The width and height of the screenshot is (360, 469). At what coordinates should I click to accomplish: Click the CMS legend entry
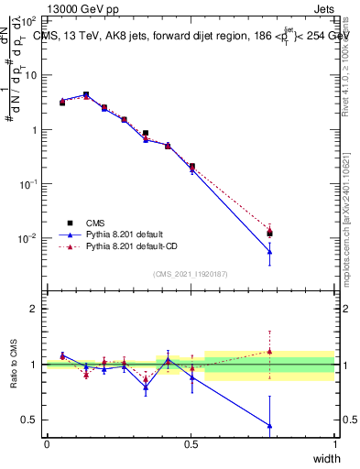(x=98, y=223)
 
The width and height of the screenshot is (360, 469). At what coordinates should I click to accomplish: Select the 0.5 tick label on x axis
(x=191, y=444)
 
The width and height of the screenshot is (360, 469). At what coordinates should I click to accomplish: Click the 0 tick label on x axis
(x=47, y=444)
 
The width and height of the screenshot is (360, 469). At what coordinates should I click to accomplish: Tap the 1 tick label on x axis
(x=335, y=444)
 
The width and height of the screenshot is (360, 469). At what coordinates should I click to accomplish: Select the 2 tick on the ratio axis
(x=35, y=309)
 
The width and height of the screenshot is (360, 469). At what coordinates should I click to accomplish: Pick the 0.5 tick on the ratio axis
(x=30, y=420)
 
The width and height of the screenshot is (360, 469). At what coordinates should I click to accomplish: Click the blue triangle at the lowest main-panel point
(x=269, y=252)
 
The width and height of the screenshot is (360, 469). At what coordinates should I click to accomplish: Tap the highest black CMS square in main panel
(x=86, y=94)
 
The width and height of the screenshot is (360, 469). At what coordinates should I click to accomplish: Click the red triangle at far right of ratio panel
(x=269, y=351)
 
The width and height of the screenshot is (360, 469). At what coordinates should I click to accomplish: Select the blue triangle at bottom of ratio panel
(x=269, y=425)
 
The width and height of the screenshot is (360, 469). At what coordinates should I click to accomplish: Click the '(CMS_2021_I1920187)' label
(x=190, y=274)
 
